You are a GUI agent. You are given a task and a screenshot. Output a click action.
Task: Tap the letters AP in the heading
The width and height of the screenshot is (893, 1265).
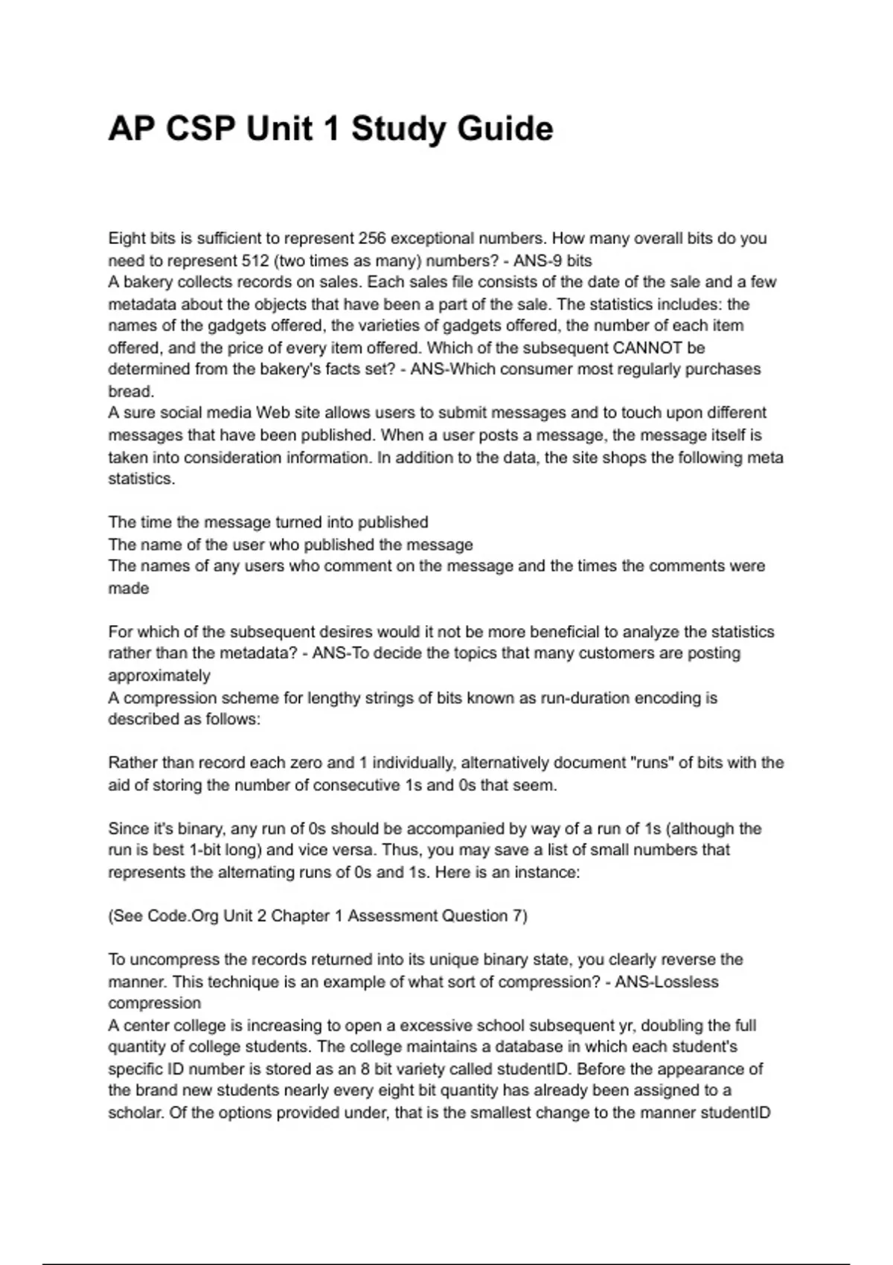click(x=132, y=129)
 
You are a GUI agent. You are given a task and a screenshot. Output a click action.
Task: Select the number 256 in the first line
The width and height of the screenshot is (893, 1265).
click(x=372, y=239)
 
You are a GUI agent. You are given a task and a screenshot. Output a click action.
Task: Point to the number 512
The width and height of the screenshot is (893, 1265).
click(x=257, y=260)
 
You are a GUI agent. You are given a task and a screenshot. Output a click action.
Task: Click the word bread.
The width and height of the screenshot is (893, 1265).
click(x=131, y=391)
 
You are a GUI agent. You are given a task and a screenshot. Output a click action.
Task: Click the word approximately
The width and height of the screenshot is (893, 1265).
click(x=159, y=676)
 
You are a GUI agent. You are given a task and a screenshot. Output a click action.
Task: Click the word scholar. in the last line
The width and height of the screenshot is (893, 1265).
click(x=136, y=1113)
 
